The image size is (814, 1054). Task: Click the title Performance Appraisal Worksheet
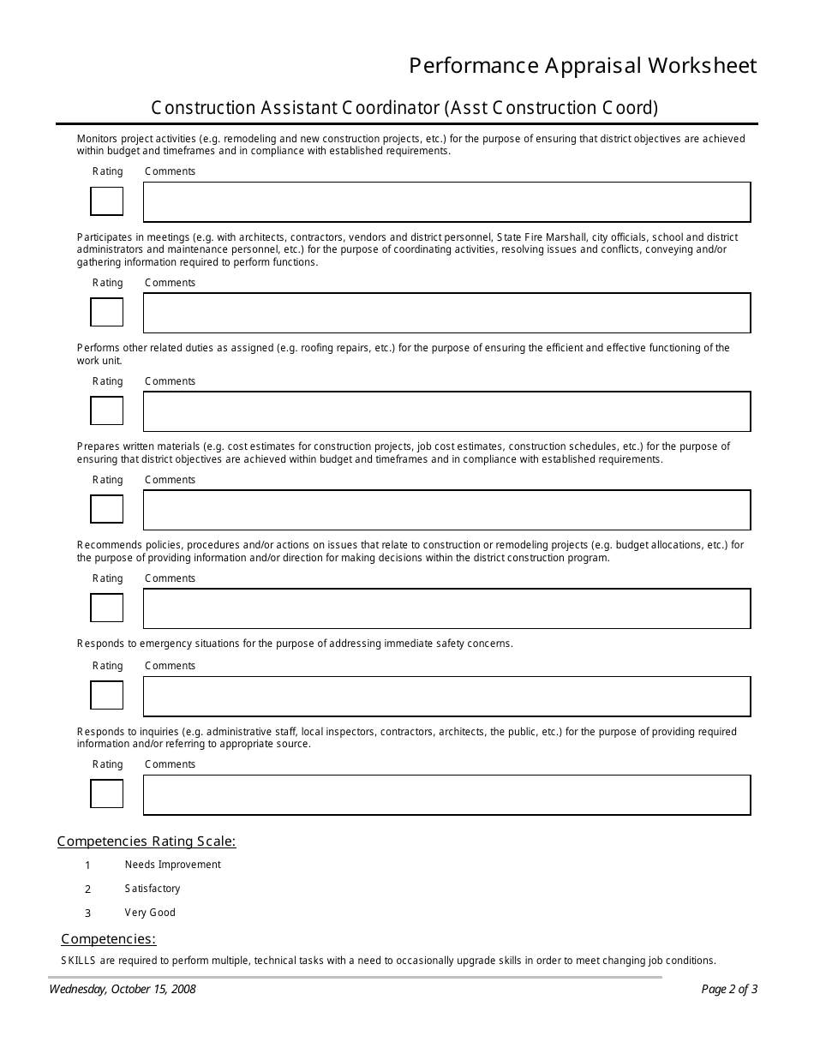click(583, 66)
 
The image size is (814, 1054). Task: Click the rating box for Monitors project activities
click(107, 201)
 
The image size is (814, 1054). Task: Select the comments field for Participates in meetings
click(446, 313)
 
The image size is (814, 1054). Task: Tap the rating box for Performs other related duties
click(107, 411)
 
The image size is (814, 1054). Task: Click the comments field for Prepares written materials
click(446, 510)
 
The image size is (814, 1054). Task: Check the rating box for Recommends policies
click(107, 608)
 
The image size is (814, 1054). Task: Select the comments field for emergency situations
click(446, 696)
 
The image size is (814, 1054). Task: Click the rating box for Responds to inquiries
click(107, 794)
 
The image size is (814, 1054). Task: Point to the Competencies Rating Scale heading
click(147, 841)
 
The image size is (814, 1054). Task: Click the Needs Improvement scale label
click(172, 865)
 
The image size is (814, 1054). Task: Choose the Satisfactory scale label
click(153, 889)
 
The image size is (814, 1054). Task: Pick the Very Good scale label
click(150, 913)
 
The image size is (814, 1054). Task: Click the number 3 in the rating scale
click(87, 913)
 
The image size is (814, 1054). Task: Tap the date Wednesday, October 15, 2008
click(123, 989)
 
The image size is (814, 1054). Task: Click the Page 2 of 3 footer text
click(729, 989)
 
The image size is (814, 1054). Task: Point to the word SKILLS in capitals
click(78, 961)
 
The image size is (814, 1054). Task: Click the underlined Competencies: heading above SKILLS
click(109, 939)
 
